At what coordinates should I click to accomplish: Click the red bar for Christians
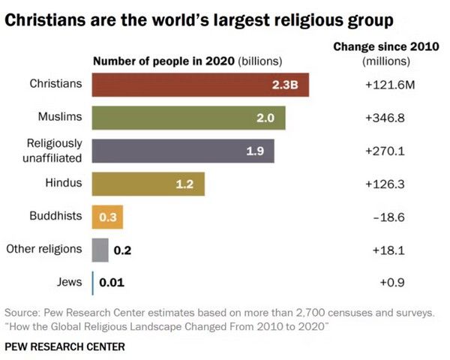click(200, 85)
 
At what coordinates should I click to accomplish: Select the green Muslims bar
click(188, 118)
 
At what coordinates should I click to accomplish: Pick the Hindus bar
click(148, 184)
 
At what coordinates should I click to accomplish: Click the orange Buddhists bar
click(107, 217)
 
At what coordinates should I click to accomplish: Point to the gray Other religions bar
click(100, 250)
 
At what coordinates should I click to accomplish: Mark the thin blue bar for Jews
click(93, 283)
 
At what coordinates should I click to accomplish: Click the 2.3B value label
click(285, 85)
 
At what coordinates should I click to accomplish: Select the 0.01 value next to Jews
click(111, 283)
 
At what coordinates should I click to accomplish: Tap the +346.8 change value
click(385, 118)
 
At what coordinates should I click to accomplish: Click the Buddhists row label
click(55, 216)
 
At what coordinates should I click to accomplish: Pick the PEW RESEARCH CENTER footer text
click(64, 346)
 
